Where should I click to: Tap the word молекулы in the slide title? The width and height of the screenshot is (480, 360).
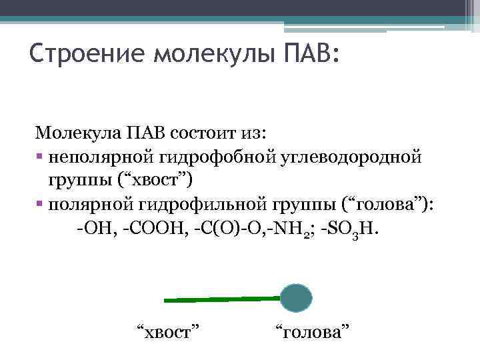tap(210, 52)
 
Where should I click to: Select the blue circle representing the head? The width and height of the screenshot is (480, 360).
tap(295, 298)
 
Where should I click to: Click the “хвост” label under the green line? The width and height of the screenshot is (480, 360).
tap(169, 330)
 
